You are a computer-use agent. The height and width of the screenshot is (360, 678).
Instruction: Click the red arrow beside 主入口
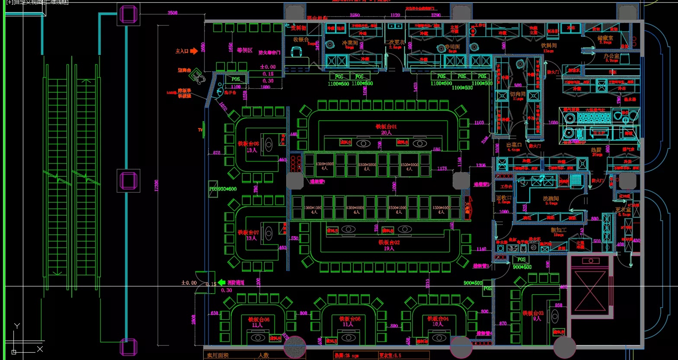pos(194,51)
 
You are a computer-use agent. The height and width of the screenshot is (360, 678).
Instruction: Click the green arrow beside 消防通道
pos(221,282)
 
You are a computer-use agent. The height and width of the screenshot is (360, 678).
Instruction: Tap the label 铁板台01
pos(386,127)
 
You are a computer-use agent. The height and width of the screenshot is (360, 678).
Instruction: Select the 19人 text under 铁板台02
pos(389,248)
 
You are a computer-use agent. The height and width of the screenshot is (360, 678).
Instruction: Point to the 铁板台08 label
pos(248,144)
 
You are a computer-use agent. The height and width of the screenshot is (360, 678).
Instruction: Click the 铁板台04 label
pos(438,318)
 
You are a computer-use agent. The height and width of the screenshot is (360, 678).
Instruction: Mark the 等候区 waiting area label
pos(244,50)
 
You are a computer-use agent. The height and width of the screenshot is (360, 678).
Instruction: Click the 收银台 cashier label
pos(301,40)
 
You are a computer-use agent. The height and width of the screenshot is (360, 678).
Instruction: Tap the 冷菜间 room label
pos(350,43)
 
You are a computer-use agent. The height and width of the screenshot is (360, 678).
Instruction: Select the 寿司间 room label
pos(452,46)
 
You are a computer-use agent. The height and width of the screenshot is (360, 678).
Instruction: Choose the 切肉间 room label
pos(518,94)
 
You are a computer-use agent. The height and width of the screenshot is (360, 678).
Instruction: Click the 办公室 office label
pos(611,56)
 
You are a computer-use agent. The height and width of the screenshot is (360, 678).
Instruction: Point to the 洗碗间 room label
pos(551,198)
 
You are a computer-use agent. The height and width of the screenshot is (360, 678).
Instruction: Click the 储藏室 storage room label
pos(605,38)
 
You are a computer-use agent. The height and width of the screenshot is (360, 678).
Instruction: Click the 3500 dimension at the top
pos(172,13)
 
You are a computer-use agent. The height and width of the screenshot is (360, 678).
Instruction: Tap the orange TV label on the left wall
pos(200,130)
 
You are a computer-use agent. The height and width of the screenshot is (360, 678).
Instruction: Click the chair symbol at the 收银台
pos(297,52)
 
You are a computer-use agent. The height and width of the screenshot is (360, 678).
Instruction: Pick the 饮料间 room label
pos(549,45)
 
